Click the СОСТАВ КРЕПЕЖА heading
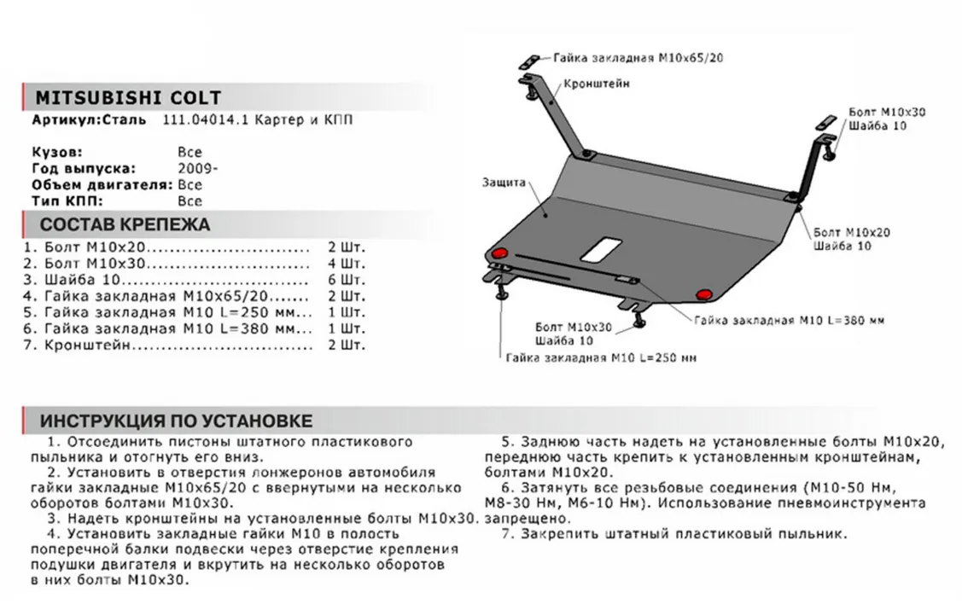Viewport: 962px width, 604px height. (x=125, y=225)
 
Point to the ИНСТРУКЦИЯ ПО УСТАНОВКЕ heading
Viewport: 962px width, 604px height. (x=176, y=421)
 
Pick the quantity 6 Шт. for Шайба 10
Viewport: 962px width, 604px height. (x=346, y=280)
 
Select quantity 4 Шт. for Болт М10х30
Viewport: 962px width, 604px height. (x=346, y=264)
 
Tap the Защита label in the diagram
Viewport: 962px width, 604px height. (x=503, y=183)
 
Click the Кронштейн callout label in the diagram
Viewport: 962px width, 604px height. (x=597, y=84)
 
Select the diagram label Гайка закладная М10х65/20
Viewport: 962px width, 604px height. (x=633, y=59)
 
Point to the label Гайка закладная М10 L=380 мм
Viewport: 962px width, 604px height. (x=789, y=321)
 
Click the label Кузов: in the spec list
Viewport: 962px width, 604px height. (x=57, y=152)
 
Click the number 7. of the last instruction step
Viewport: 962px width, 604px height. (x=506, y=534)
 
